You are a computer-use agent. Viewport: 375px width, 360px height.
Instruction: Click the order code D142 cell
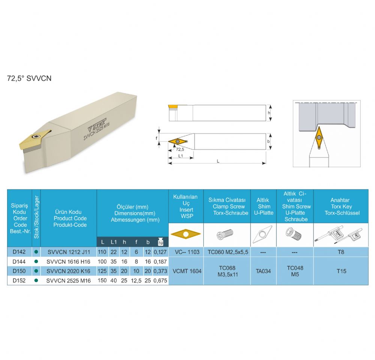[x=19, y=252]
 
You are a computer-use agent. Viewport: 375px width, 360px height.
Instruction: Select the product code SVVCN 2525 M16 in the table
[x=68, y=280]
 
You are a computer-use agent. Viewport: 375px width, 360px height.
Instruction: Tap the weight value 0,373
[x=160, y=271]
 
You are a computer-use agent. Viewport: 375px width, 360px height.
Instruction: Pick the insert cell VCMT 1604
[x=187, y=271]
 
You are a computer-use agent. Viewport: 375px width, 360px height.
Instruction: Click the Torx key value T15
[x=341, y=271]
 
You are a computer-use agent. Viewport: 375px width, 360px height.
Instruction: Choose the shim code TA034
[x=263, y=271]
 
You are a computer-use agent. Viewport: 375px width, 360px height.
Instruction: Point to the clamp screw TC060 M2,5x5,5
[x=228, y=252]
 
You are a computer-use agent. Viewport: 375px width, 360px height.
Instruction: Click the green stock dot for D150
[x=36, y=271]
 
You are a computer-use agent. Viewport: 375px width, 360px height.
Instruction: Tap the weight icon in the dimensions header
[x=160, y=242]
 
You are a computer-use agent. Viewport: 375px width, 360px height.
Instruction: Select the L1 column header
[x=114, y=242]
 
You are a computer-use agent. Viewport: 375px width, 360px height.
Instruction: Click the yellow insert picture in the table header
[x=186, y=234]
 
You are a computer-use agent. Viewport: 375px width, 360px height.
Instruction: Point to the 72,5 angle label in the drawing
[x=180, y=150]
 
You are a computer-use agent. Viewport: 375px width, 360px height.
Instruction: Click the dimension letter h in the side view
[x=269, y=112]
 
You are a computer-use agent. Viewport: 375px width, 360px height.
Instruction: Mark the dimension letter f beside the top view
[x=156, y=138]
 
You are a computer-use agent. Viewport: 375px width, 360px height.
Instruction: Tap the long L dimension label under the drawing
[x=218, y=161]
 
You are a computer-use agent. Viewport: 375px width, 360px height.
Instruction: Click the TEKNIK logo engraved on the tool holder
[x=97, y=124]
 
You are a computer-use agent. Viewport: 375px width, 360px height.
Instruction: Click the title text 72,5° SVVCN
[x=29, y=78]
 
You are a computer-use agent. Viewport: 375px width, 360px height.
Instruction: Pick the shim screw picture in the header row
[x=294, y=234]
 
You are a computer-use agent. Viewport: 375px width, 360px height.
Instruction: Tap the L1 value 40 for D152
[x=114, y=280]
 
